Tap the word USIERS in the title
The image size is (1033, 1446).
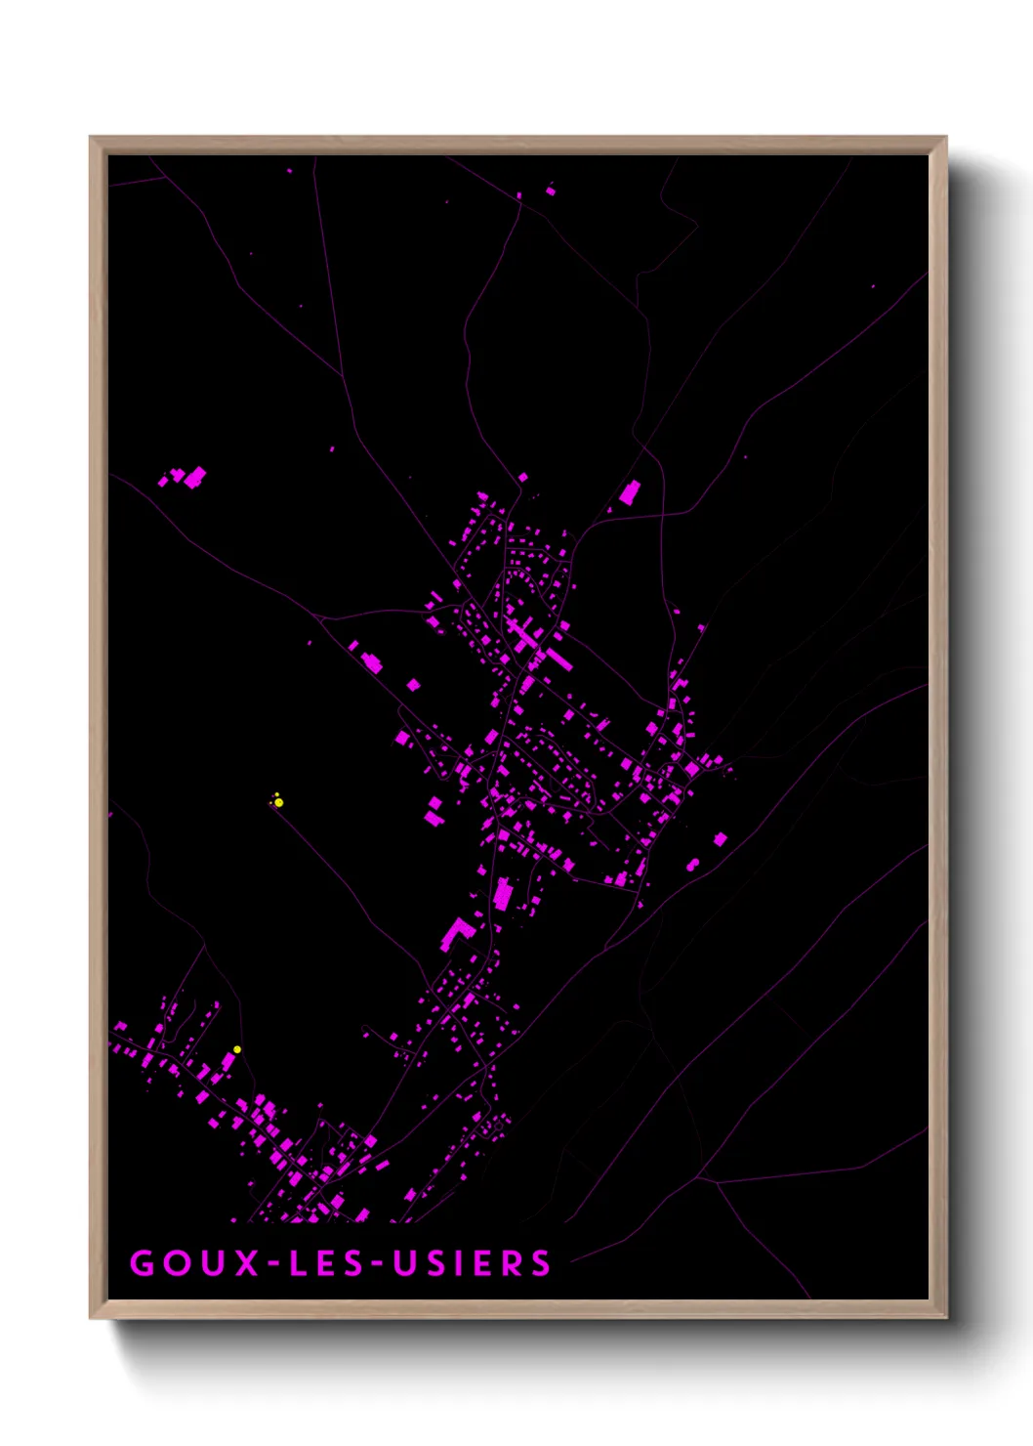pyautogui.click(x=473, y=1262)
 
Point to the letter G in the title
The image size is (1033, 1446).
pyautogui.click(x=143, y=1262)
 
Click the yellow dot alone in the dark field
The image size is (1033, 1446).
pyautogui.click(x=278, y=802)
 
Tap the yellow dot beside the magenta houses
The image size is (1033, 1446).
pyautogui.click(x=237, y=1049)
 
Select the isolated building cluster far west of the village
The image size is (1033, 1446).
pyautogui.click(x=186, y=477)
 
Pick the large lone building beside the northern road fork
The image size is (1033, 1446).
pyautogui.click(x=630, y=491)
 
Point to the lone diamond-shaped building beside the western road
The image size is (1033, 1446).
pyautogui.click(x=413, y=685)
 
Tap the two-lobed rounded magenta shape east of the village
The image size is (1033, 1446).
pyautogui.click(x=692, y=865)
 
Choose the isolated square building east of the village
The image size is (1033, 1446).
pyautogui.click(x=721, y=838)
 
